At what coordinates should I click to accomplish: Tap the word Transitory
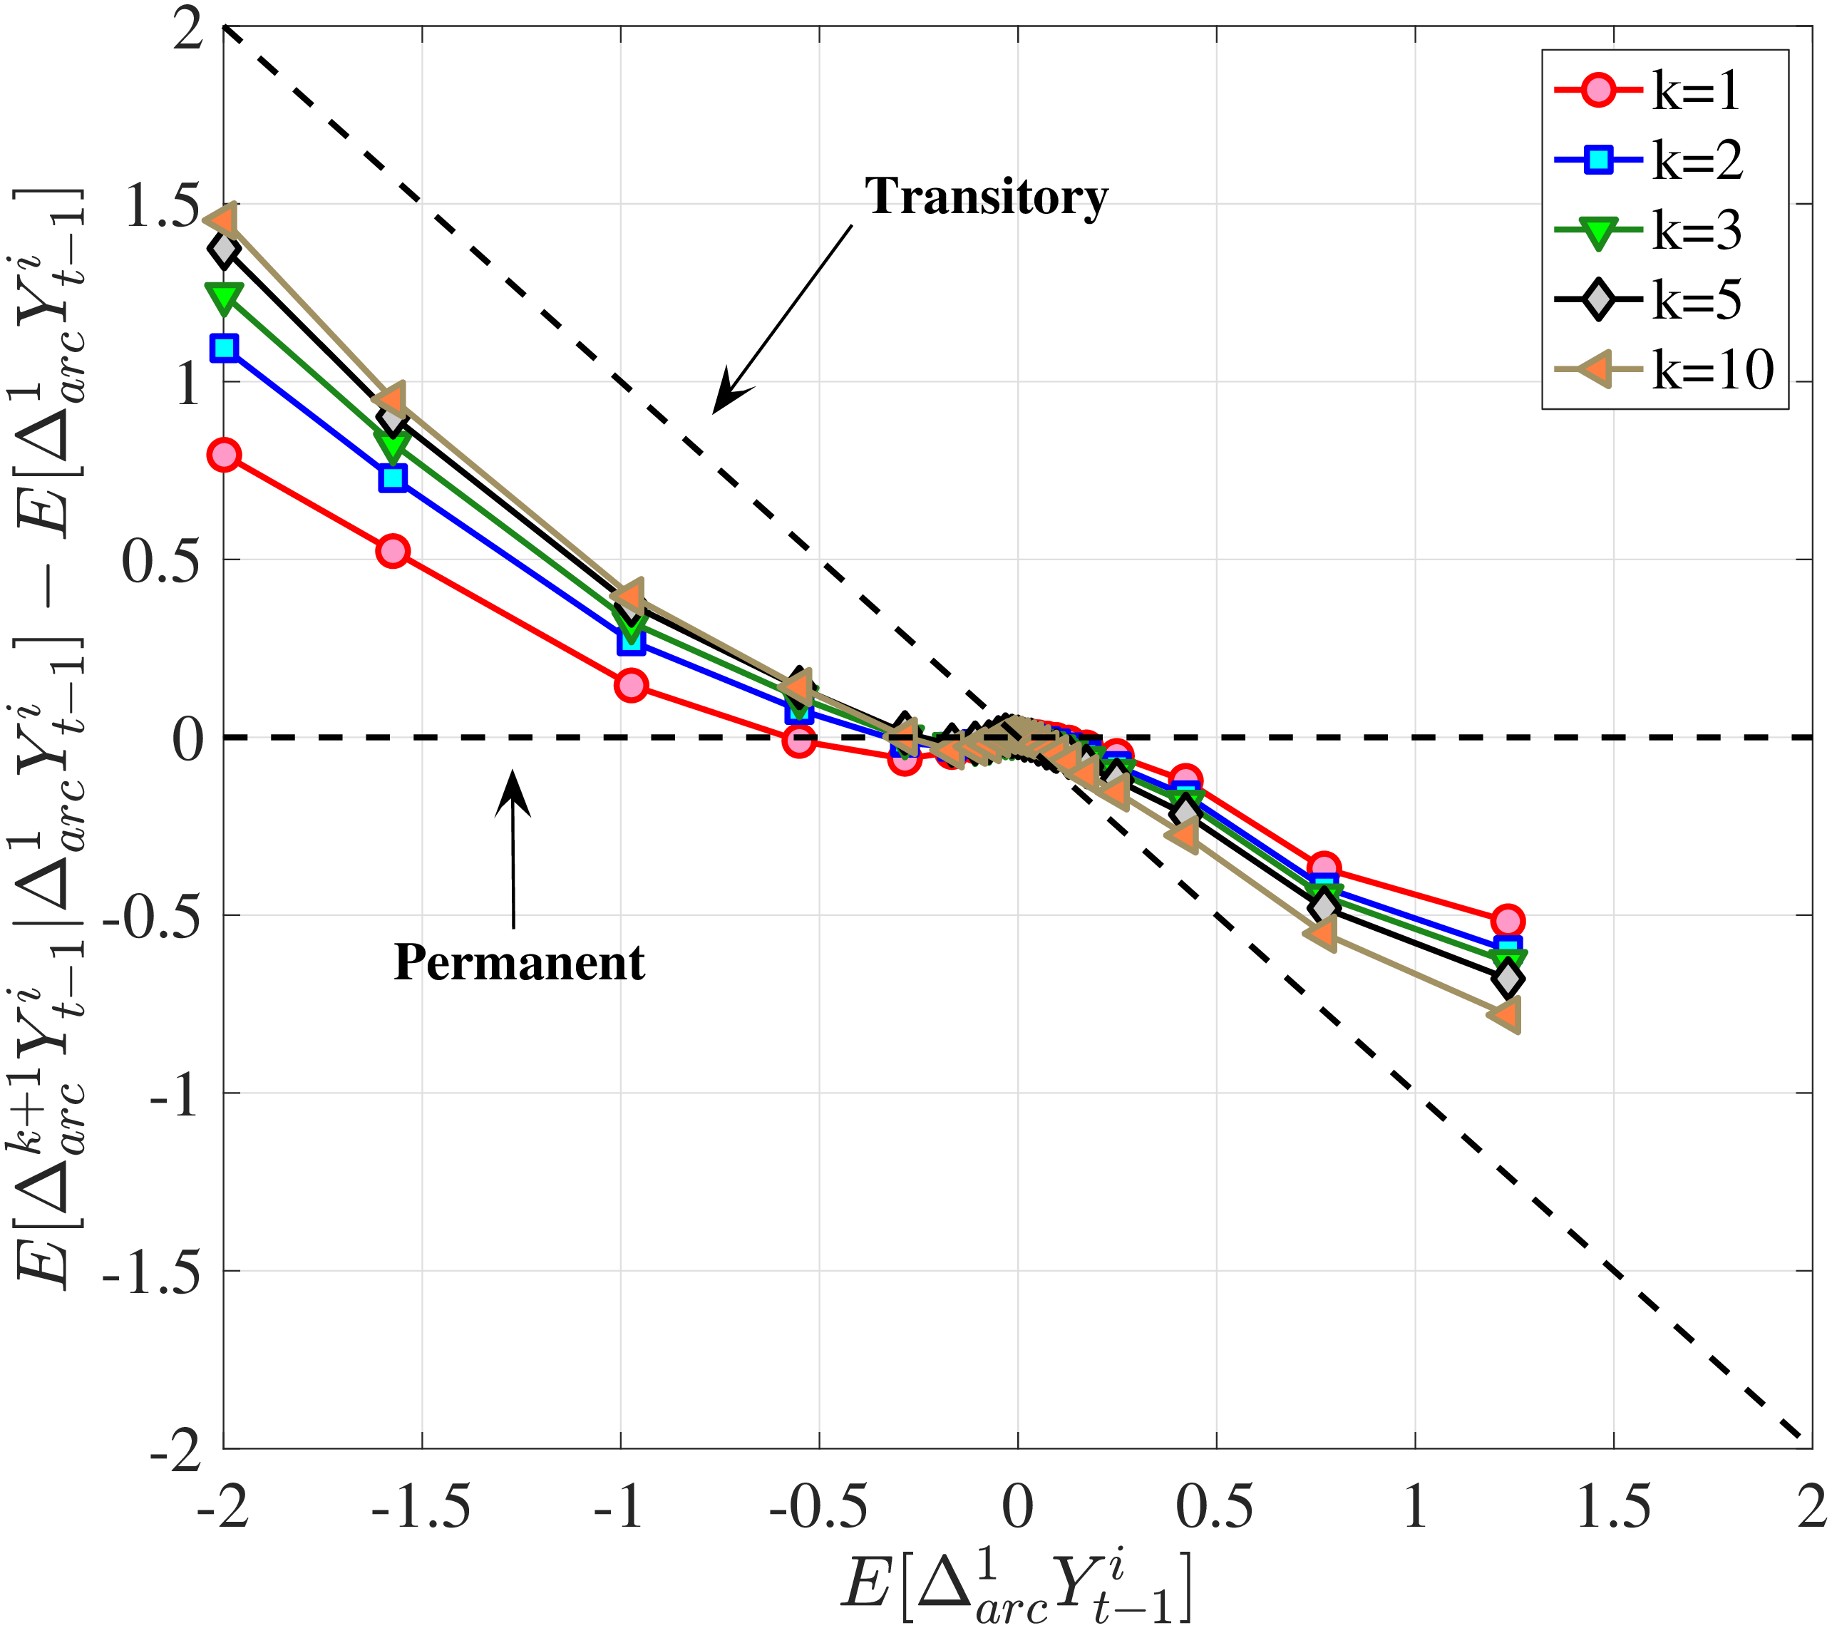986,196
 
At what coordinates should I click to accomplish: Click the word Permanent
519,963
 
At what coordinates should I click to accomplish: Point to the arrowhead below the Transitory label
725,398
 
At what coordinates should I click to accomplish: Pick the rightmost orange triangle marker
1505,1015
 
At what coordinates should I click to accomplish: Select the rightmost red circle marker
1508,921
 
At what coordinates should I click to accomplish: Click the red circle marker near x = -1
631,686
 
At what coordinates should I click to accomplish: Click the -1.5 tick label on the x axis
421,1507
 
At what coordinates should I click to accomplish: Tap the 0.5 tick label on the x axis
1215,1507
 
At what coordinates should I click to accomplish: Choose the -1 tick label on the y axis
174,1094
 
